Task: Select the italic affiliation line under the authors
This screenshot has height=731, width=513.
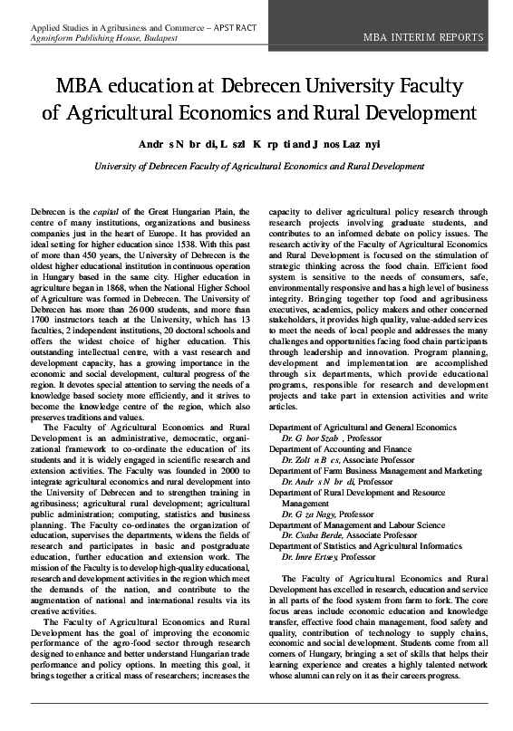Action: click(259, 167)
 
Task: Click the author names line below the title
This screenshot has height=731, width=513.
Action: click(259, 144)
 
